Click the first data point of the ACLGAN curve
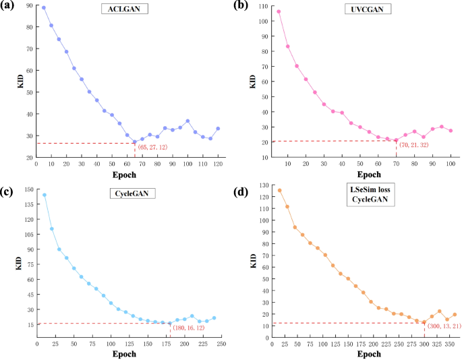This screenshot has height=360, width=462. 44,8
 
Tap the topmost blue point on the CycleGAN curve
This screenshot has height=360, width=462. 45,195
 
